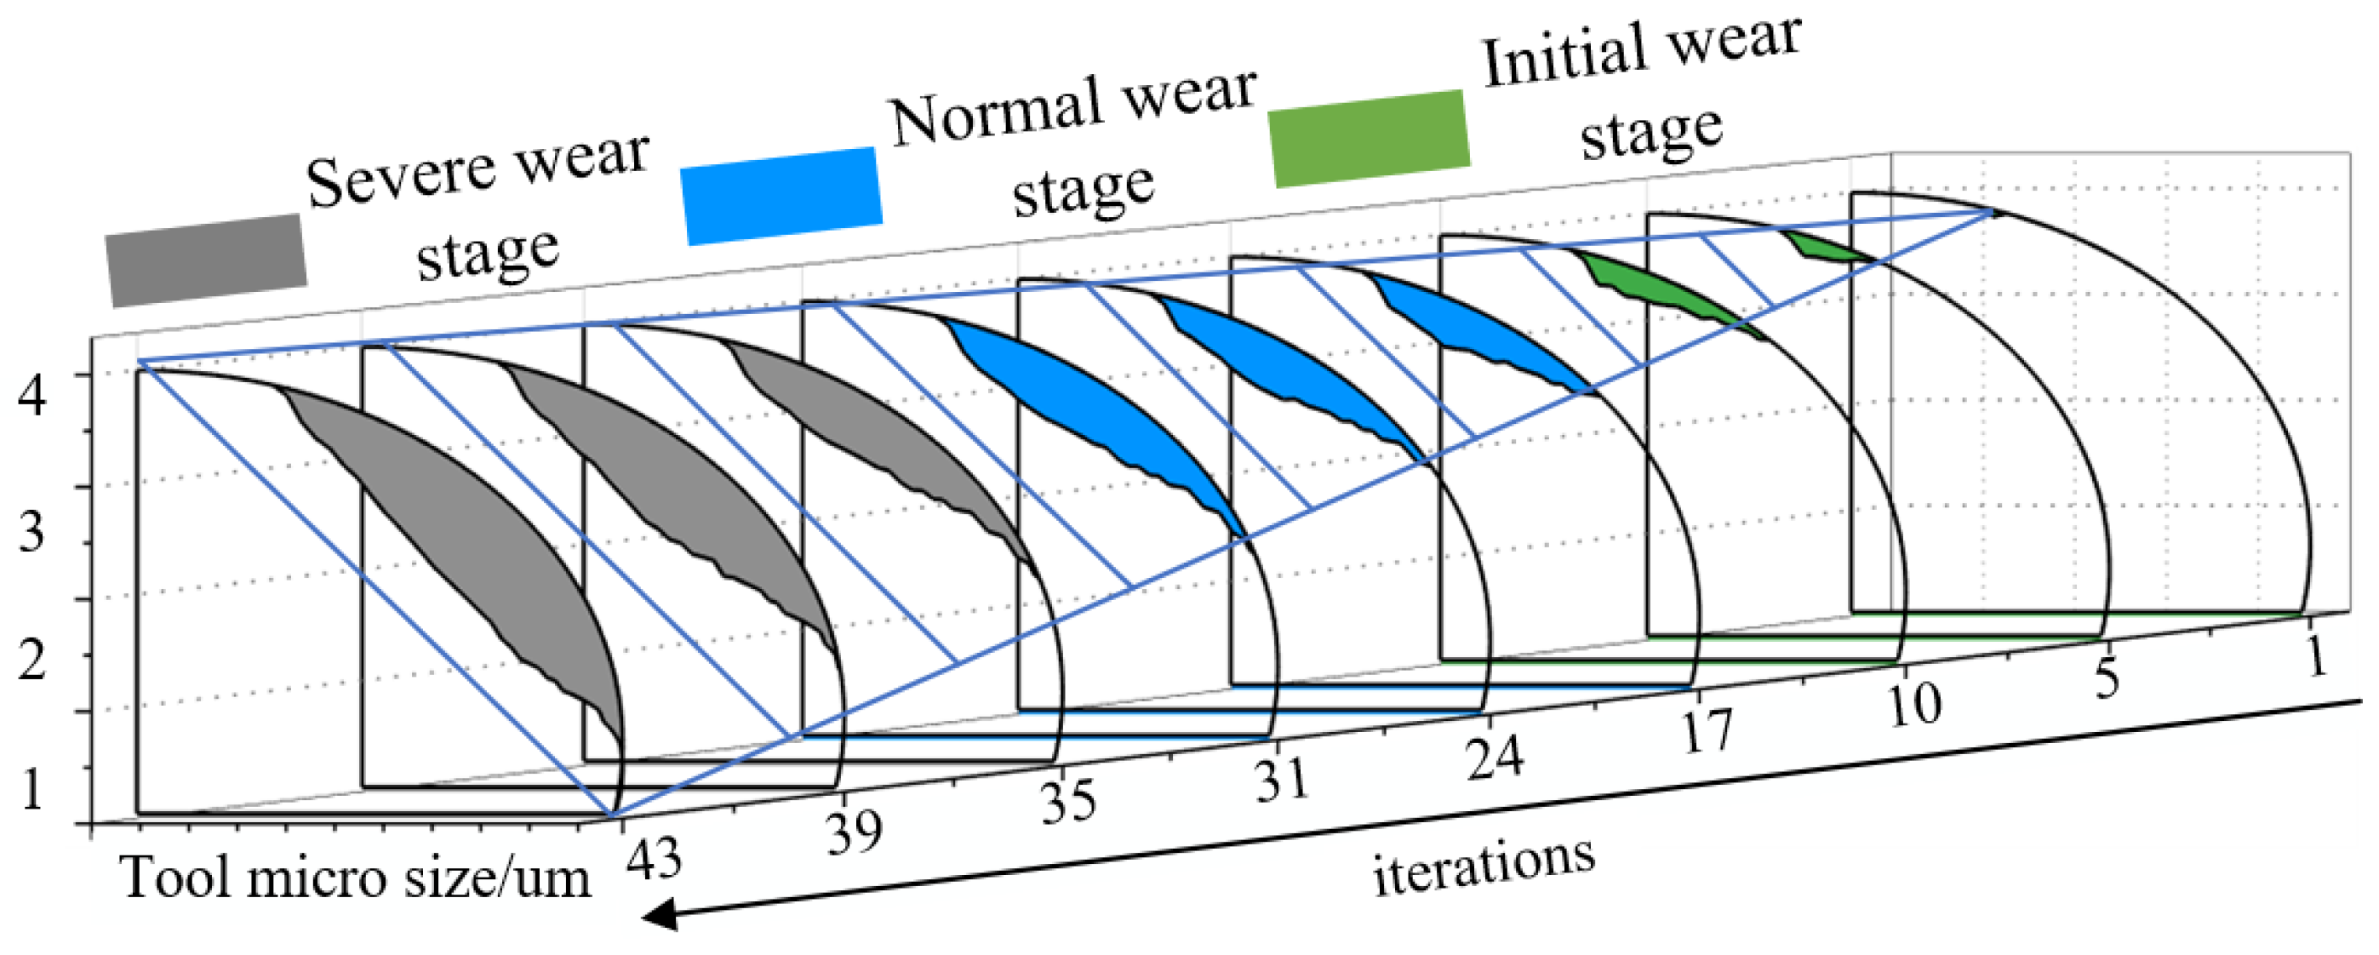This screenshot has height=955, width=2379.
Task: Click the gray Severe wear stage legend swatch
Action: pos(205,260)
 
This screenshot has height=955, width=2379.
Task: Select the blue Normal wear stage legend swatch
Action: pos(781,196)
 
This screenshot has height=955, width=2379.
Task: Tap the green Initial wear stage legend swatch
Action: pos(1370,139)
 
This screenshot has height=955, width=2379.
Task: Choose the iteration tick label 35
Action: pos(1068,801)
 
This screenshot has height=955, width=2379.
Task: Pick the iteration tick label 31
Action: pos(1281,779)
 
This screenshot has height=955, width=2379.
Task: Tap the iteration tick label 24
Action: pos(1493,758)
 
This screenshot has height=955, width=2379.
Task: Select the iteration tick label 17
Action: pos(1706,731)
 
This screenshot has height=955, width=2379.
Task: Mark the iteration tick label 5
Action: pos(2107,679)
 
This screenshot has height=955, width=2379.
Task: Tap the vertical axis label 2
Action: pos(32,661)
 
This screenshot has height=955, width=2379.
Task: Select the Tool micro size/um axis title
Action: pos(356,878)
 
